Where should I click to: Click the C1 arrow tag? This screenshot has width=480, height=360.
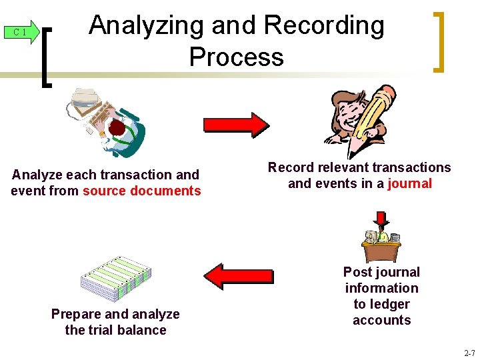(21, 32)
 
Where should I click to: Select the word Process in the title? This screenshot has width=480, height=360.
(236, 57)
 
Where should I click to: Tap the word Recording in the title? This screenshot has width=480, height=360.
(324, 25)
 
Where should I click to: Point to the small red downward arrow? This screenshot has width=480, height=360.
(381, 219)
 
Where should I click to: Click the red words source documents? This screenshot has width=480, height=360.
(141, 191)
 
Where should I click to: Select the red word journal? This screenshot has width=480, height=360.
(410, 183)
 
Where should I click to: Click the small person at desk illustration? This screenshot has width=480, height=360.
(381, 243)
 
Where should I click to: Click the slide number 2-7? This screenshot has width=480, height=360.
(469, 353)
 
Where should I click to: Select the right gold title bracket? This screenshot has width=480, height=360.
(438, 41)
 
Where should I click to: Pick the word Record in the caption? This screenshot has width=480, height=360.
(288, 167)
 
